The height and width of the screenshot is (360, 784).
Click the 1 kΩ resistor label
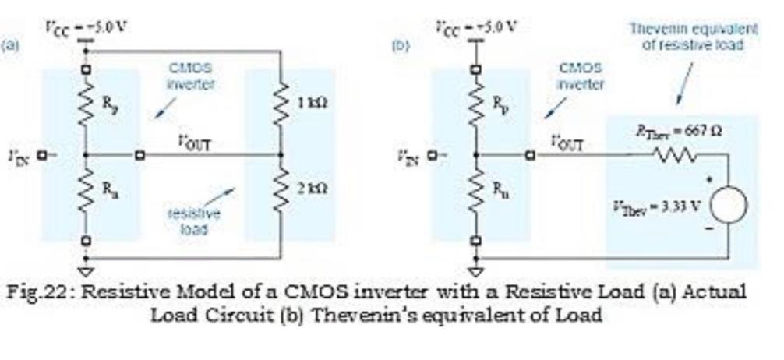coord(307,106)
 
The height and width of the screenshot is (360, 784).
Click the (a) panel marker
coord(10,45)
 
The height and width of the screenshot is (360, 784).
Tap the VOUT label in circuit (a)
coord(194,143)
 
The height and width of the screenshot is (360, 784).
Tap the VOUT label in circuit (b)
coord(567,143)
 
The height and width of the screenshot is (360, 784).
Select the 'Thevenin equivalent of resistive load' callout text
coord(692,37)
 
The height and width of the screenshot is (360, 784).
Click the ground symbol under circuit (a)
coord(87,272)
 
